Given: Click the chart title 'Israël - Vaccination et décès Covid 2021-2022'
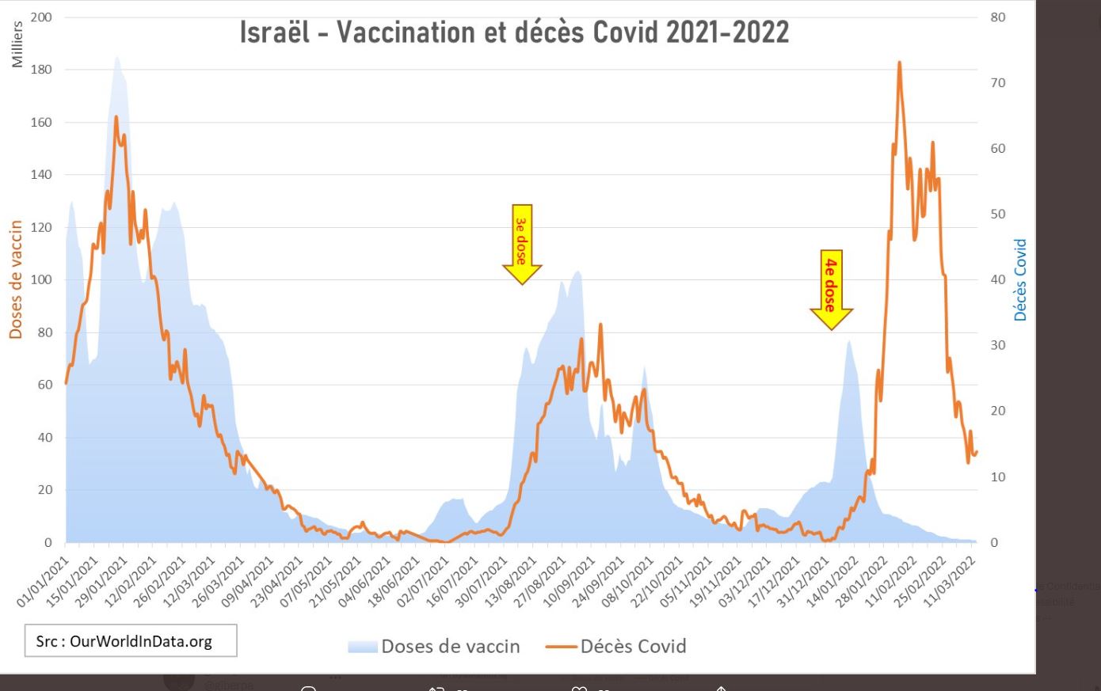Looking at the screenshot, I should click(515, 32).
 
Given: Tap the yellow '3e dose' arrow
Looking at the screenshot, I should click(521, 244).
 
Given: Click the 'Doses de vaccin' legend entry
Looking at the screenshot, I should click(434, 647).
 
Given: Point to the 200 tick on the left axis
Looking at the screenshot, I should click(41, 17).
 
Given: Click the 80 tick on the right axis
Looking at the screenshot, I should click(998, 17).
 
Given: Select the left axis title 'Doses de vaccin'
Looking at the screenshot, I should click(16, 279).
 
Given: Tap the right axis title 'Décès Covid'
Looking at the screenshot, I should click(1020, 279).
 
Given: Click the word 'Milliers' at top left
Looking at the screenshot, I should click(17, 44).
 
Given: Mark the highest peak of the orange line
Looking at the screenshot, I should click(899, 63).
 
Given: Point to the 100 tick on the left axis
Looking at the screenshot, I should click(41, 280).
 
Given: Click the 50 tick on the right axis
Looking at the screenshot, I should click(998, 215).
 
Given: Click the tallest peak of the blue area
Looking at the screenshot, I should click(117, 57).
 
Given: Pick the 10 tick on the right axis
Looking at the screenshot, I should click(998, 477).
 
